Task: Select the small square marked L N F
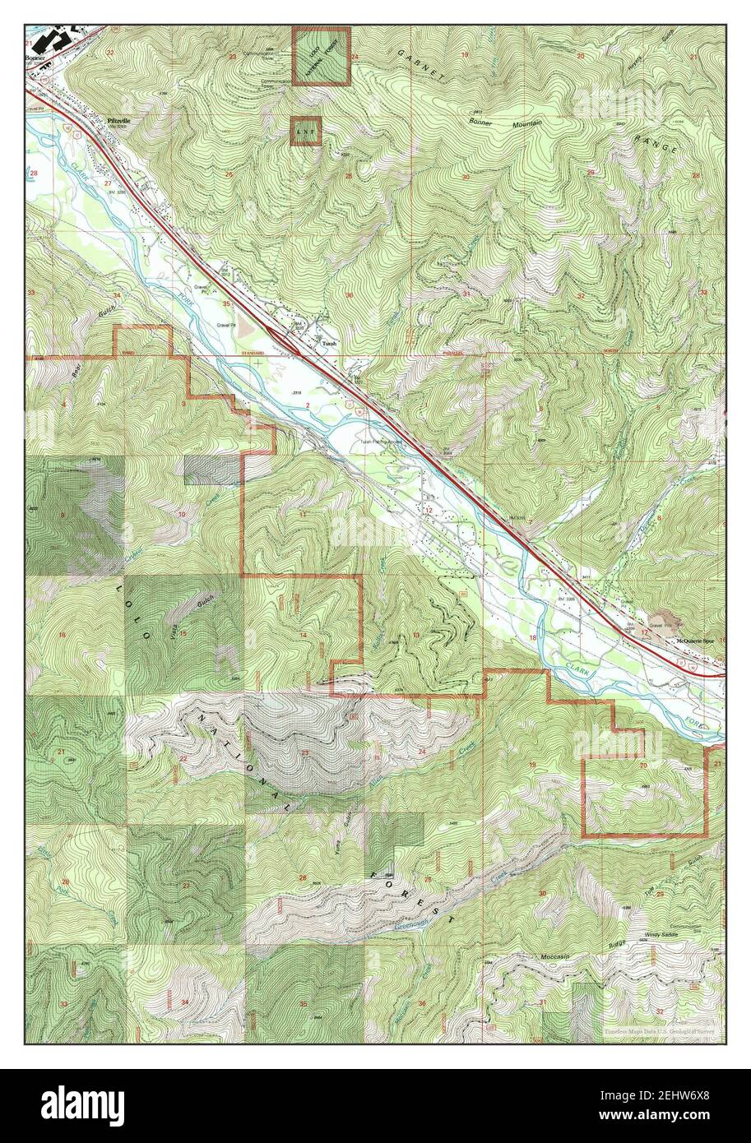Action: pos(306,131)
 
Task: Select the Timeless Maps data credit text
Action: pos(657,1030)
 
